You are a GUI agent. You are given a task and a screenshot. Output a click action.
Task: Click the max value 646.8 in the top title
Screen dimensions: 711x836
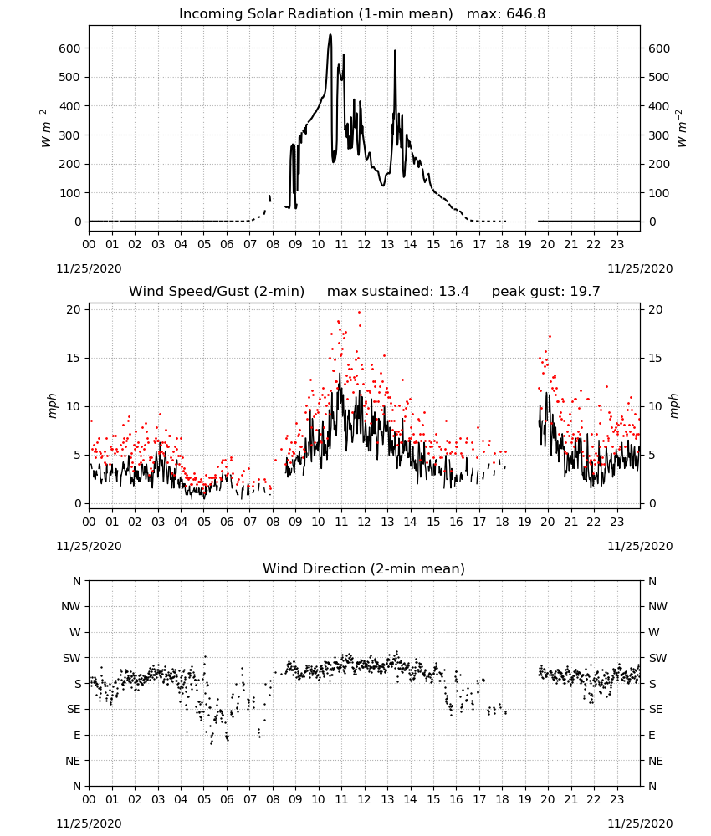click(x=525, y=14)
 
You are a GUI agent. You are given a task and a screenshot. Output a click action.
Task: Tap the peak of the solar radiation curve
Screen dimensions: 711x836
click(x=330, y=35)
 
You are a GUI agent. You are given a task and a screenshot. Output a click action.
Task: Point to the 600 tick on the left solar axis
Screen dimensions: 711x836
click(x=70, y=48)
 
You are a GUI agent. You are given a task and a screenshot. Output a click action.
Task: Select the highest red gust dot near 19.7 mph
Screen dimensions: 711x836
click(x=360, y=312)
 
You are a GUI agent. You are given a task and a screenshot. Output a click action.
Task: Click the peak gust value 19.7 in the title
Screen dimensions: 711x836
click(x=586, y=292)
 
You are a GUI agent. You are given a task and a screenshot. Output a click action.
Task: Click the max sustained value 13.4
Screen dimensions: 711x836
click(x=454, y=292)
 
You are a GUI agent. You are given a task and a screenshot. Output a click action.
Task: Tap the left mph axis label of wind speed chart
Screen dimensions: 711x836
click(x=52, y=405)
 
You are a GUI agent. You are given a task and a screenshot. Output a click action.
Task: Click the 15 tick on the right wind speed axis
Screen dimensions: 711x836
click(x=656, y=359)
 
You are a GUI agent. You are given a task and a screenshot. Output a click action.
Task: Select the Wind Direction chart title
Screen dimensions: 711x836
click(x=364, y=568)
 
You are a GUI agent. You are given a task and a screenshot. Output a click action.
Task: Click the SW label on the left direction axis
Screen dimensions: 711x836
click(x=71, y=658)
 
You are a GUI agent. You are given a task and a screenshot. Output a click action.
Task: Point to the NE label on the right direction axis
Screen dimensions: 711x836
click(x=656, y=761)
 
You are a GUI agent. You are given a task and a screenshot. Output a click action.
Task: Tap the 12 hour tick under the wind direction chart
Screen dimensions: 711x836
click(x=365, y=799)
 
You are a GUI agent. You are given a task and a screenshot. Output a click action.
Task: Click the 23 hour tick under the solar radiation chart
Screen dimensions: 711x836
click(x=616, y=244)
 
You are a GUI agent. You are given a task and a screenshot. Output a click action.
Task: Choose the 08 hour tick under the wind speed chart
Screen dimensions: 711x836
click(x=273, y=522)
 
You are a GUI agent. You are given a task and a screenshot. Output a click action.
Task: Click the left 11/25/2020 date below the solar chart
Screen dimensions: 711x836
click(x=89, y=268)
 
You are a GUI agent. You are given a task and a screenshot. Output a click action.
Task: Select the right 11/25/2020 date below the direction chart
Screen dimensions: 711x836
click(x=640, y=823)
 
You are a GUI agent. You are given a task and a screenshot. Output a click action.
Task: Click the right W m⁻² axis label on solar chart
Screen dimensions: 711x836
click(x=682, y=129)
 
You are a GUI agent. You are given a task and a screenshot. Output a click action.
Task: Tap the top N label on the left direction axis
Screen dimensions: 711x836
click(x=77, y=581)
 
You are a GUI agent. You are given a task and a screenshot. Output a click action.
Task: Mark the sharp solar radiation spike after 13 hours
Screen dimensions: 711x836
click(x=396, y=51)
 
